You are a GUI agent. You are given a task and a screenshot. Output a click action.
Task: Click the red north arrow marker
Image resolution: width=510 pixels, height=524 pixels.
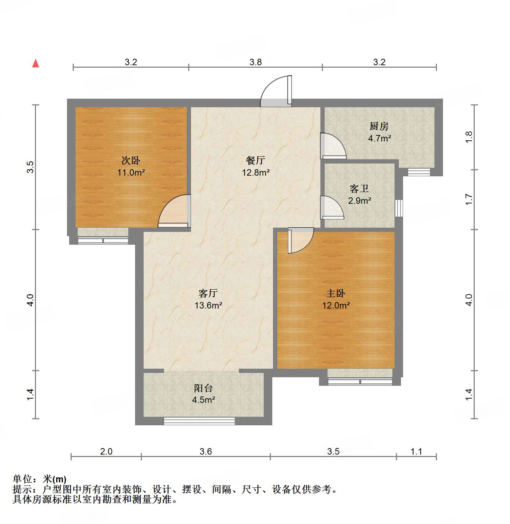36,63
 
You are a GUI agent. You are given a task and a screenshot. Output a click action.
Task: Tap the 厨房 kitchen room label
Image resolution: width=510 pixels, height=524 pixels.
379,126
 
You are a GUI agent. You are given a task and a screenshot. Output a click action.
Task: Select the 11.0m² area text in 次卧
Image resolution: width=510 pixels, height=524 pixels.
131,173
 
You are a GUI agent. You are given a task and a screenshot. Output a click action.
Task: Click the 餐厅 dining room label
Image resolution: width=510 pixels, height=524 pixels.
255,160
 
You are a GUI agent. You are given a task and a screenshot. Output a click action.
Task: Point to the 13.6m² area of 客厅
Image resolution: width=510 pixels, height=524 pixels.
208,306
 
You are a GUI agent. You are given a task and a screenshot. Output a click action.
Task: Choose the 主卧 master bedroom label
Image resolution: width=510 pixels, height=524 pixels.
335,293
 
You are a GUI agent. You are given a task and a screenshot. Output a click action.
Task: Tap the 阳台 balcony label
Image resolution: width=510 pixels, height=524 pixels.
203,388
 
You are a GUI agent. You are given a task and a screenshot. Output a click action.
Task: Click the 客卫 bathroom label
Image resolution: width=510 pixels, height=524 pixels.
359,188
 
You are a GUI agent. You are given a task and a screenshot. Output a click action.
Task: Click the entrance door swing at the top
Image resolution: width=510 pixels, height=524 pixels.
276,92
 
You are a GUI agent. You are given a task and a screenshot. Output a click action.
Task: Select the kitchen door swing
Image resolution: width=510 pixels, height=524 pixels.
332,146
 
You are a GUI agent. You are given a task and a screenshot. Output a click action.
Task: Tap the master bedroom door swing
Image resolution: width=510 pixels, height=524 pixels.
300,241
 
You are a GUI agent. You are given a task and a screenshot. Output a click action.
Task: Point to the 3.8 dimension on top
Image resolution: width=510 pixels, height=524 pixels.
255,62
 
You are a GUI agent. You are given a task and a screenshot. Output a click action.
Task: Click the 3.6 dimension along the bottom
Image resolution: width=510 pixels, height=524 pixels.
205,452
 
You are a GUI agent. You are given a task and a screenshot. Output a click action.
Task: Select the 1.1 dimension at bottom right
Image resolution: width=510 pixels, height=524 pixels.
416,452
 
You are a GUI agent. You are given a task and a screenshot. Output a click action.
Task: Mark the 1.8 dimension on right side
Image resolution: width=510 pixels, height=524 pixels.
469,137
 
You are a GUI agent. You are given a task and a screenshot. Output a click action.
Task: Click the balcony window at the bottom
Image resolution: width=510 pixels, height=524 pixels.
199,421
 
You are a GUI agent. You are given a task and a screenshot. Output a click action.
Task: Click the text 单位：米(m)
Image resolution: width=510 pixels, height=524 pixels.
40,479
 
